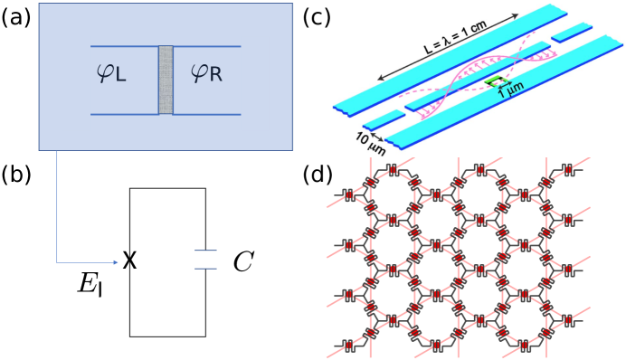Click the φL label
point(111,71)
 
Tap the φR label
point(206,71)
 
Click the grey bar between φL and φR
point(166,80)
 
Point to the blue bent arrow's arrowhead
point(115,262)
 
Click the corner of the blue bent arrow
point(57,262)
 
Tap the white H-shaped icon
point(199,259)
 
